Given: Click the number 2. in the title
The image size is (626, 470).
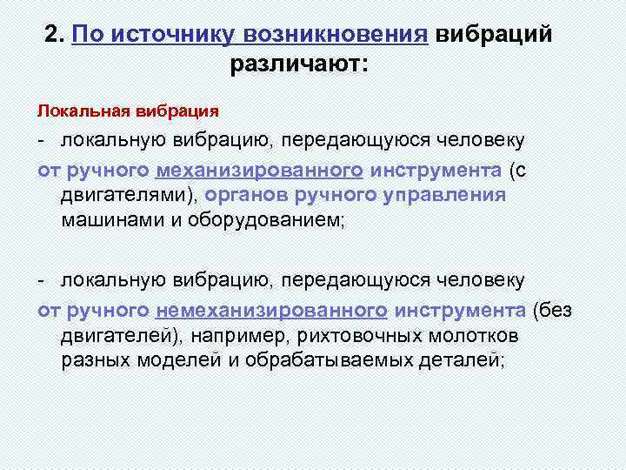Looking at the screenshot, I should (55, 34).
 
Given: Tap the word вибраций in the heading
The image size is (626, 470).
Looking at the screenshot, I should (493, 34).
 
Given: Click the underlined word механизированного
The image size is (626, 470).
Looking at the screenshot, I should (260, 169).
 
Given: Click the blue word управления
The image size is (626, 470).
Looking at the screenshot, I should (444, 194).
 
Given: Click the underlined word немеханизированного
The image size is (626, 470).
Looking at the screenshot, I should (272, 311).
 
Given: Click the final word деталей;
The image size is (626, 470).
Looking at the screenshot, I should (453, 361).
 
